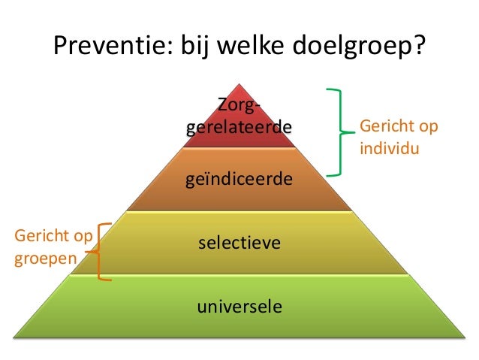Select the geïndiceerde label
click(x=239, y=180)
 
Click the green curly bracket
click(x=342, y=132)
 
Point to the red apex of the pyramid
click(x=239, y=90)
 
